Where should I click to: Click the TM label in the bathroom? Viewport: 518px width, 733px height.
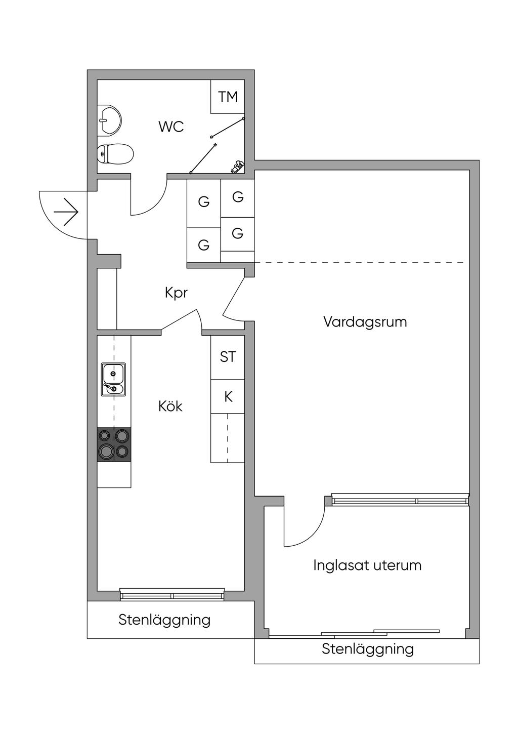228,96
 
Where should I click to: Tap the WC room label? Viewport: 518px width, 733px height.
171,127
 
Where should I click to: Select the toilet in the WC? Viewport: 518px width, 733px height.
115,153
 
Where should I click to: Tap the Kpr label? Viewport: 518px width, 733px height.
176,293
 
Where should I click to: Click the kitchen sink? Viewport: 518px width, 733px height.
113,379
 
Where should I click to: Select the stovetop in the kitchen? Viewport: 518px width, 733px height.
114,444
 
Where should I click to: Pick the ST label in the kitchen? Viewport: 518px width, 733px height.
228,357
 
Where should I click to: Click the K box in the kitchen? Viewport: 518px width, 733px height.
228,396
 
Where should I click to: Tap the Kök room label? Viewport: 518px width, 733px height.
170,406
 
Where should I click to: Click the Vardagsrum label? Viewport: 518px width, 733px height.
365,321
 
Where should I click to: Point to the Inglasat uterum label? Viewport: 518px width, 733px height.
367,565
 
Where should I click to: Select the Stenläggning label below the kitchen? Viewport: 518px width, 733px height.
164,620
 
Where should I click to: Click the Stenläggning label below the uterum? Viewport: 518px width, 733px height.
367,649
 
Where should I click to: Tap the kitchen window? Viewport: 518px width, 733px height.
172,595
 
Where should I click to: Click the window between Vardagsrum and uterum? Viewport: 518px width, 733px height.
400,500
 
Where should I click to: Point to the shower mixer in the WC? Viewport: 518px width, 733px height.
238,167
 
